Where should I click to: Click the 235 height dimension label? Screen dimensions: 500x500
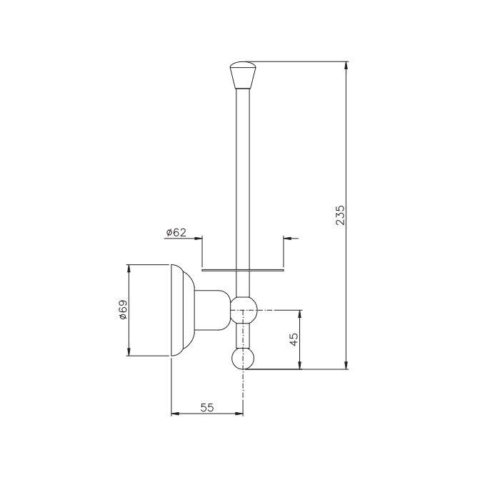point(341,215)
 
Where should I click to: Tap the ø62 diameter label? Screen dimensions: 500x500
point(176,232)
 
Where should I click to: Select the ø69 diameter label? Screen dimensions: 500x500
point(122,309)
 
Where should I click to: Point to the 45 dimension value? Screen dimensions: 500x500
point(294,339)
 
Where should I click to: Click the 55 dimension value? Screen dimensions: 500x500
point(207,407)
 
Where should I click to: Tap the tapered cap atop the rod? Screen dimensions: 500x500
point(243,75)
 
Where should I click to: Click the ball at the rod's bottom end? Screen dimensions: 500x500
point(243,359)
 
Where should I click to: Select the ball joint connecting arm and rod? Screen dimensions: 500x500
point(244,310)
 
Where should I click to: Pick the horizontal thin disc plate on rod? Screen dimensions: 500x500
point(243,270)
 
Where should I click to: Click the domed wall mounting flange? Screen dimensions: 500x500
point(183,310)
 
